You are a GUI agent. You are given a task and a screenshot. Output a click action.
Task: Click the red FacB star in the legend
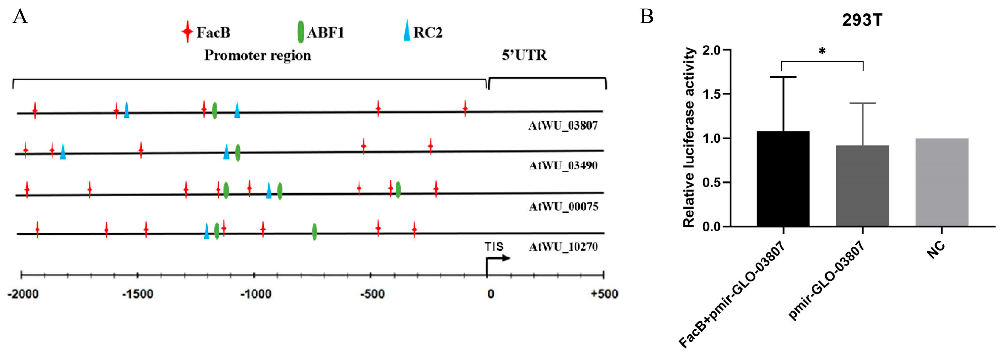188,32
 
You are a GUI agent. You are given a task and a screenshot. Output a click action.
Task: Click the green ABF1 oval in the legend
300,32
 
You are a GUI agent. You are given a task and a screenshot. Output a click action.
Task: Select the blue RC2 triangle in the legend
407,31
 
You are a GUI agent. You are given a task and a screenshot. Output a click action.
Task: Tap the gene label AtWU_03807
563,125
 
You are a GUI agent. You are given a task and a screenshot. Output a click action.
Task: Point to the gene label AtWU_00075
563,206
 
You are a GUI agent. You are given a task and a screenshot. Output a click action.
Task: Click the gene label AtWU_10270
563,246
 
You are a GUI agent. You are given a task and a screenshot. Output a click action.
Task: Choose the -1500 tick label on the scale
137,294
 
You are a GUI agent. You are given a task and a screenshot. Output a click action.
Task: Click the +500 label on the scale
604,294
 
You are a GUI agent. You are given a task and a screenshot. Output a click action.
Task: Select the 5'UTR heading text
524,55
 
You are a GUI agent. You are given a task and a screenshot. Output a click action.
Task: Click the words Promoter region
257,55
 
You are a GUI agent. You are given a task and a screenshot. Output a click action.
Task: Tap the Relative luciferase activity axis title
689,137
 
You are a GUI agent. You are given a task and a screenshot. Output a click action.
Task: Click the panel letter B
647,17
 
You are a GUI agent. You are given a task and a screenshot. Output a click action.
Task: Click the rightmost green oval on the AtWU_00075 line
398,190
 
